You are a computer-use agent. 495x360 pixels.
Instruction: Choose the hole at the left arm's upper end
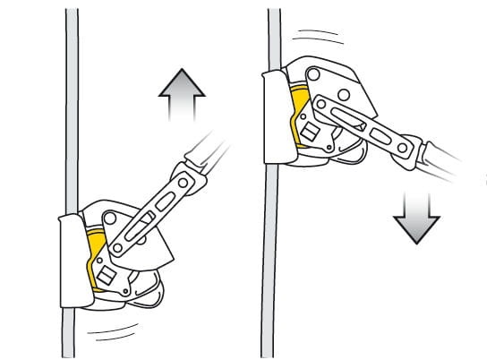click(x=183, y=183)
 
